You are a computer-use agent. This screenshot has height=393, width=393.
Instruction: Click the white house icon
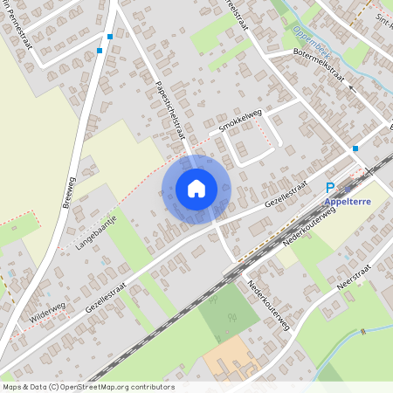tap(196, 189)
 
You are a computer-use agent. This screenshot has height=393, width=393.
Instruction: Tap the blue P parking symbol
tap(330, 188)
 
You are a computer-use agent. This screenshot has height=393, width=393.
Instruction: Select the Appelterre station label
tap(348, 202)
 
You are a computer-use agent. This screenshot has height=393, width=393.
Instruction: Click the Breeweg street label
tap(69, 200)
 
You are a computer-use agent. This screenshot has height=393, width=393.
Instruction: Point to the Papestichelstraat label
tap(162, 100)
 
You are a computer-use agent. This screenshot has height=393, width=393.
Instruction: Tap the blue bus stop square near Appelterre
tap(355, 149)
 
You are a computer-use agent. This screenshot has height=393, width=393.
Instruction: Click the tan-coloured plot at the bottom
tap(231, 355)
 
